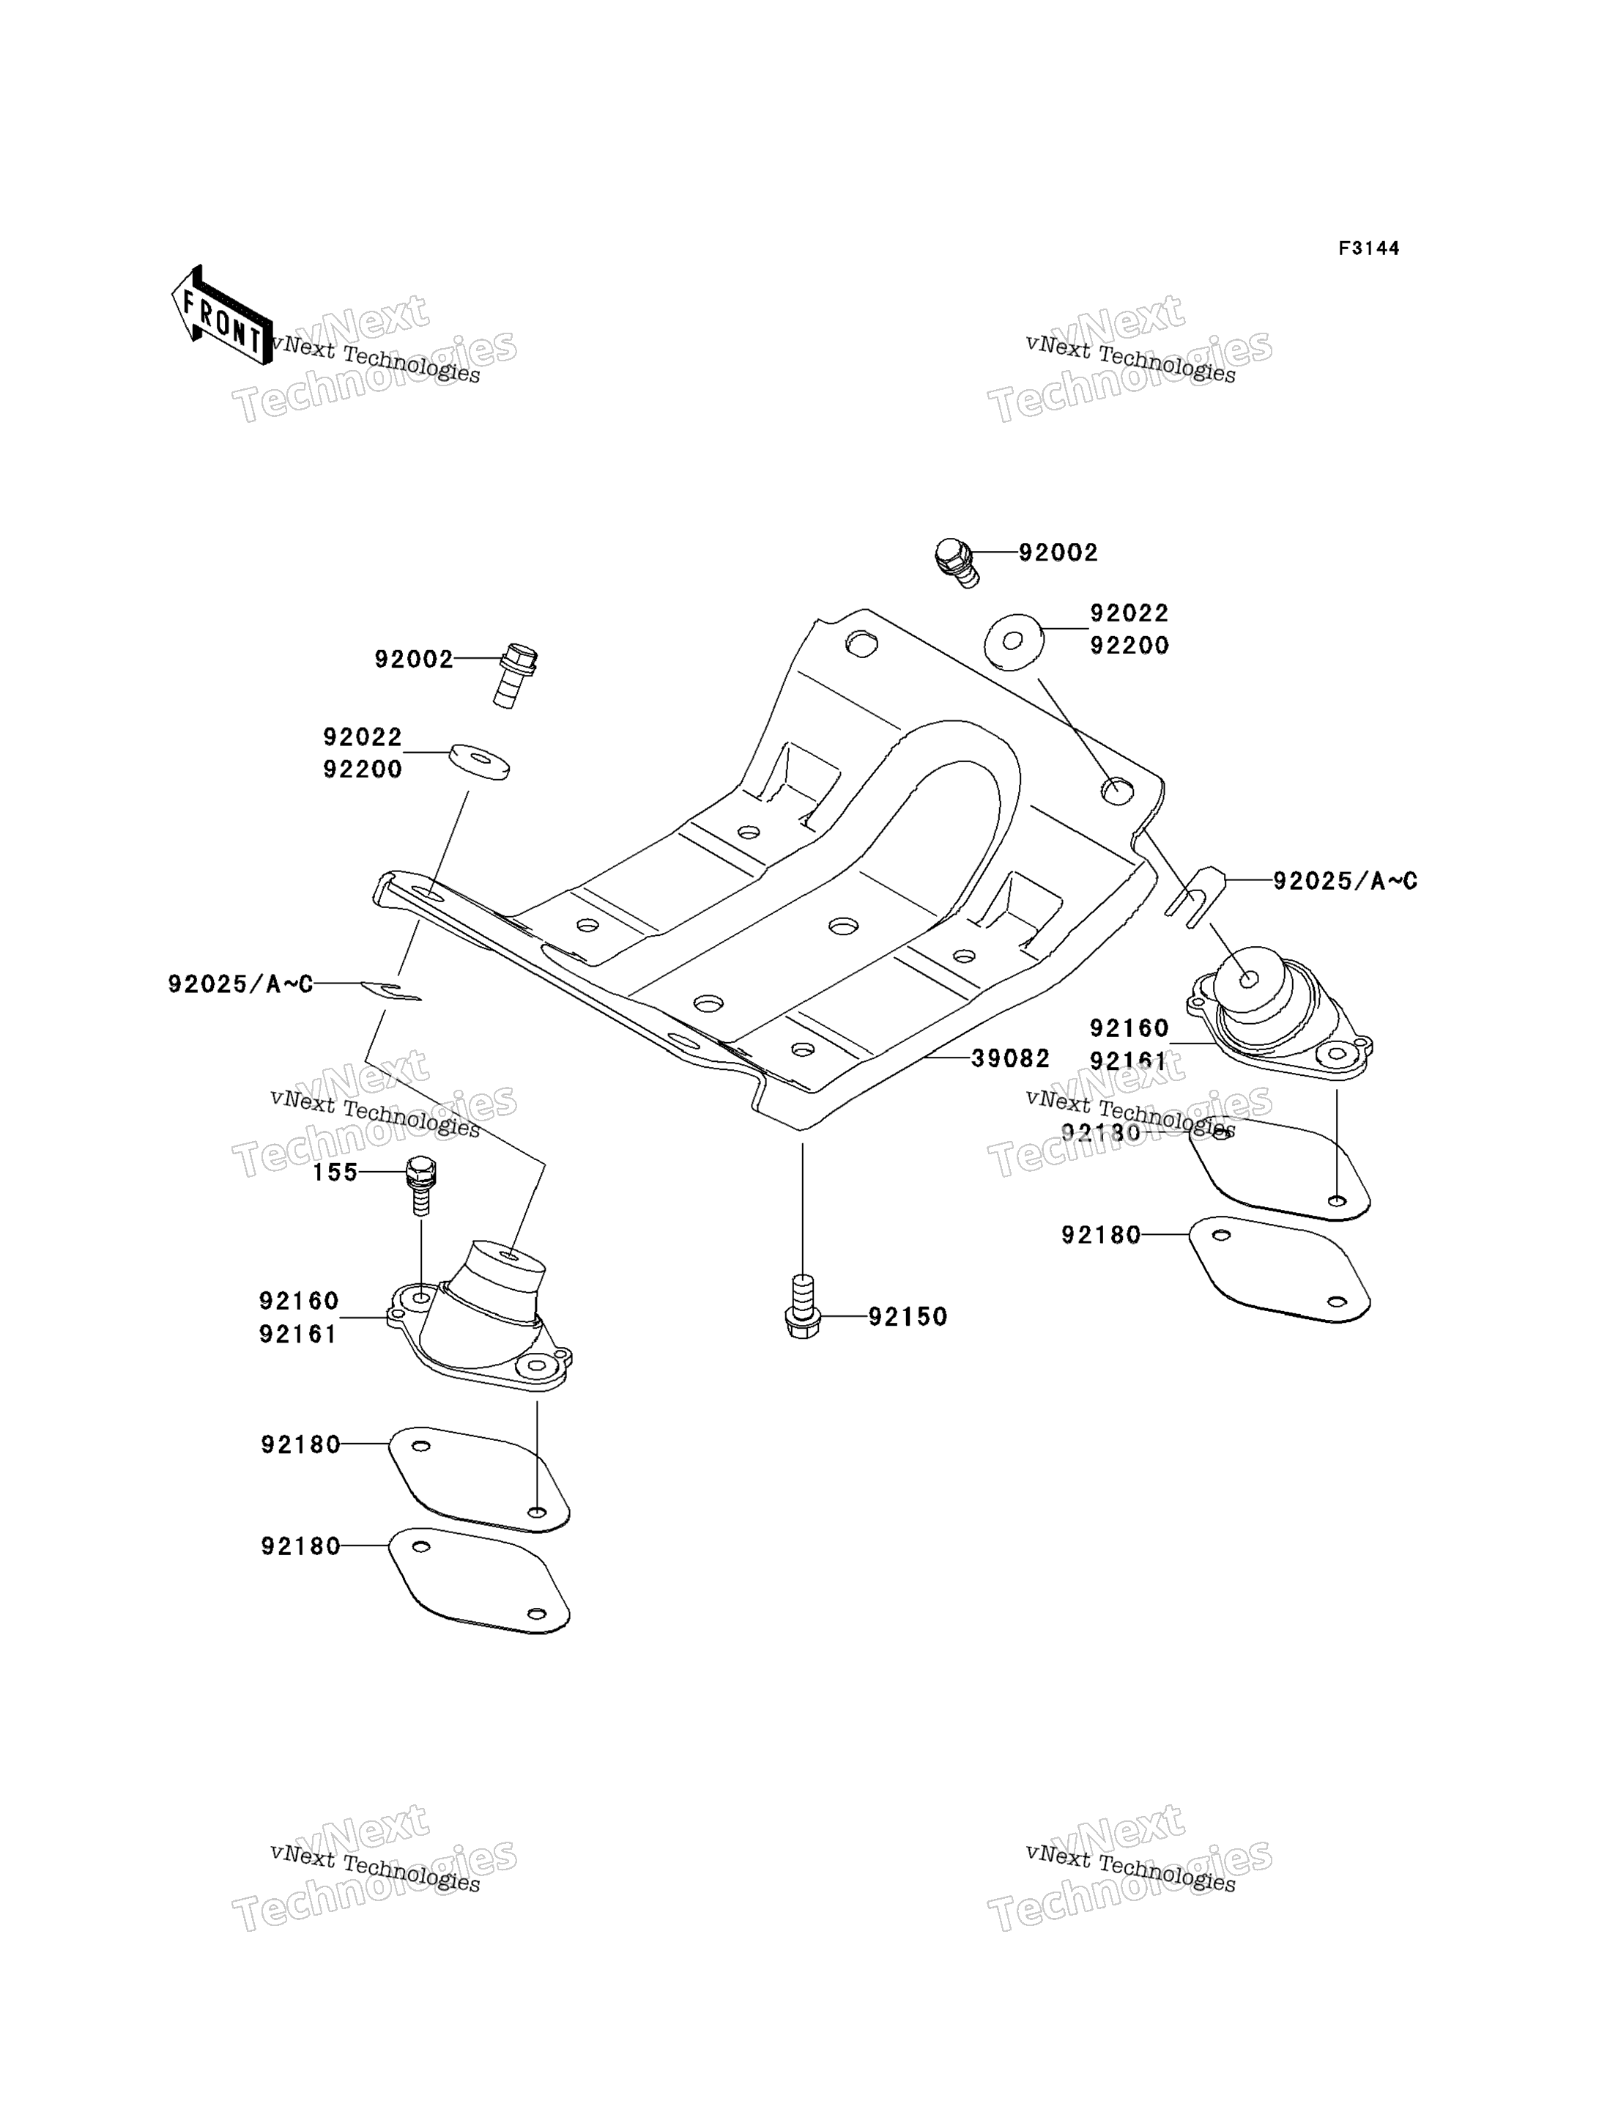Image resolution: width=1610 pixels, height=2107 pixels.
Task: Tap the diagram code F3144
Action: coord(1368,248)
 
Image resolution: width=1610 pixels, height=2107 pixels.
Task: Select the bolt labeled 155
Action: coord(420,1185)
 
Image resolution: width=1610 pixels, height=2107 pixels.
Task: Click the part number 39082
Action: coord(1010,1058)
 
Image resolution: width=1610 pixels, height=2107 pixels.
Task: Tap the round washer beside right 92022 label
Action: coord(1013,641)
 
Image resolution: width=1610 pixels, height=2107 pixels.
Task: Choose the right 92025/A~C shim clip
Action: coord(1197,896)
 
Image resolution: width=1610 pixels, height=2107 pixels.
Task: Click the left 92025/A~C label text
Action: coord(240,984)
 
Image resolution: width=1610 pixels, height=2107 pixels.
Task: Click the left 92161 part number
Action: coord(298,1335)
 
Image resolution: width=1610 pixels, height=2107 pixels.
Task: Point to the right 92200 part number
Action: coord(1129,646)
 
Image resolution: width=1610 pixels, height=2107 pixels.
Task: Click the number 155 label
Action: coord(335,1173)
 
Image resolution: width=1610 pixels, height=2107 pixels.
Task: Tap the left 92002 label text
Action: coord(413,660)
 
